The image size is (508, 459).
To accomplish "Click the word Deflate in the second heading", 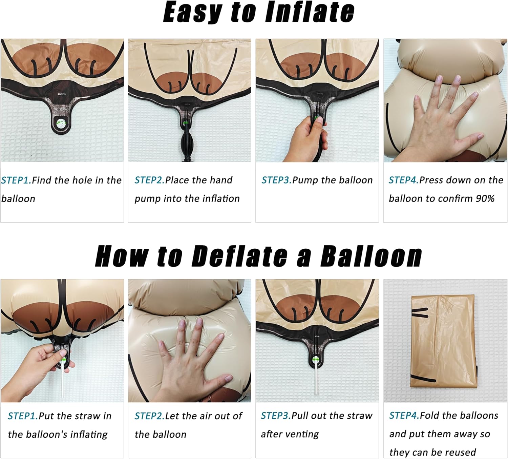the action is coord(239,256).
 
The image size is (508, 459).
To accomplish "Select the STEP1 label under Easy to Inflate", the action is coord(17,180).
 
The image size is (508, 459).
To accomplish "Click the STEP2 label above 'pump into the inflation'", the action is coord(150,180).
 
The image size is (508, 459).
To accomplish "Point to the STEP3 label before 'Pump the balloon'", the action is coord(277,180).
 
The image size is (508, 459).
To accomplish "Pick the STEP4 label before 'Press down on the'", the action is coord(404,180).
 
